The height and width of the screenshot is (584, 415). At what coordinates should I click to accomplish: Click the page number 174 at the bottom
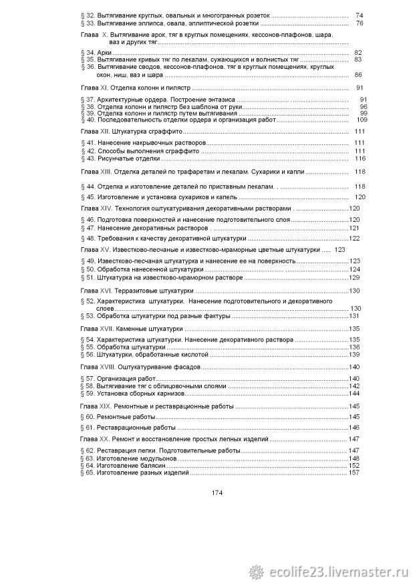217,493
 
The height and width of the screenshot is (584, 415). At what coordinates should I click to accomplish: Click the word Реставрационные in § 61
125,427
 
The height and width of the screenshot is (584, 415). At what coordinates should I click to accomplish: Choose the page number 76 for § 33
360,23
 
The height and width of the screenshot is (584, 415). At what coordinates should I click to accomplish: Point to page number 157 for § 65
354,473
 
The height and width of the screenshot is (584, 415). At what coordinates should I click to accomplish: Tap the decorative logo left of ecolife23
257,571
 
